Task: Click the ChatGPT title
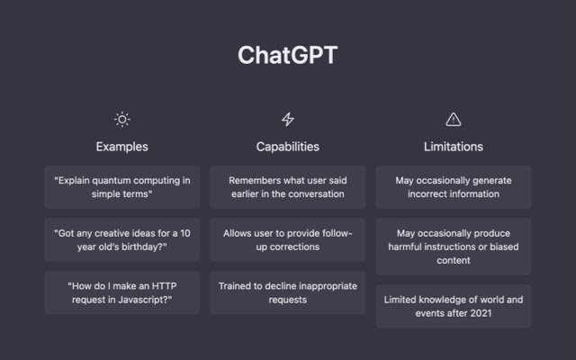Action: (x=288, y=55)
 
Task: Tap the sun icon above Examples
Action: (x=122, y=120)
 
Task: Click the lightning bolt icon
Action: (x=288, y=120)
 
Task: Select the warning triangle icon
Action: (x=454, y=120)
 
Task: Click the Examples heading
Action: (x=122, y=147)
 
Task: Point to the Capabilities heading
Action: (x=288, y=147)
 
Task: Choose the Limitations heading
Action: (x=454, y=147)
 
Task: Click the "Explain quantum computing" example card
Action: (x=122, y=187)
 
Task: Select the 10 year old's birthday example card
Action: (x=122, y=240)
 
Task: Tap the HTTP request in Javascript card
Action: (x=122, y=292)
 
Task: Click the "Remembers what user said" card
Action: (x=288, y=187)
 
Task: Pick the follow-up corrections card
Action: (x=288, y=240)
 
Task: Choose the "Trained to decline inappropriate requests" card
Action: (x=288, y=292)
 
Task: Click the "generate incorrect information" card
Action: (x=454, y=187)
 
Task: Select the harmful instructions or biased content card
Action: (x=454, y=247)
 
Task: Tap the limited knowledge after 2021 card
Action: (x=454, y=306)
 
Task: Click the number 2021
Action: (x=481, y=313)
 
